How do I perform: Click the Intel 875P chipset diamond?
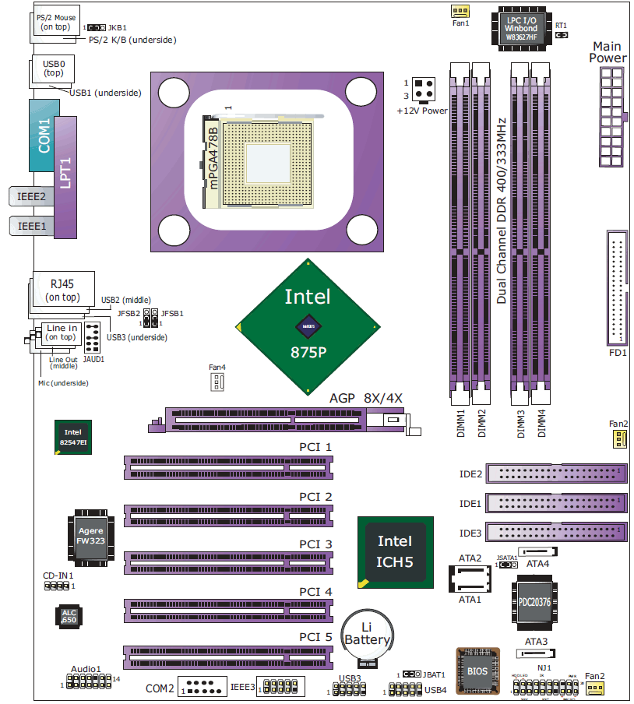click(308, 325)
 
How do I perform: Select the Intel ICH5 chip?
click(395, 551)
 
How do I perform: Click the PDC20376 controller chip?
click(535, 601)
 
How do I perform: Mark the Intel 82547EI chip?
click(72, 437)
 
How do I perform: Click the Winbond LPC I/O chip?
click(522, 30)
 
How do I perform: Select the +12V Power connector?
click(424, 90)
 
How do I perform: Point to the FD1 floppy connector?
click(617, 289)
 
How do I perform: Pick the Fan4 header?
click(217, 382)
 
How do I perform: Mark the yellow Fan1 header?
click(460, 11)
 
